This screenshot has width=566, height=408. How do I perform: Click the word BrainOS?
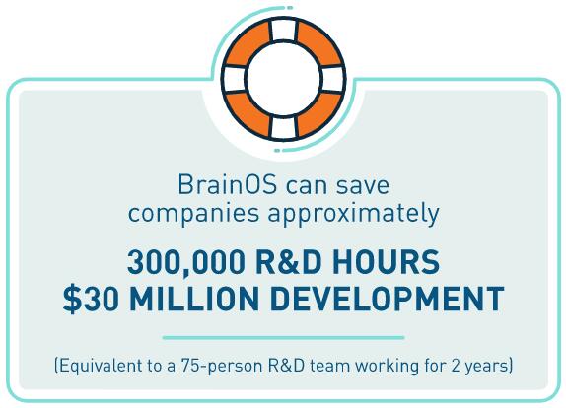(x=228, y=184)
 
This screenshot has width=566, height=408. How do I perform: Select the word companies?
(x=193, y=214)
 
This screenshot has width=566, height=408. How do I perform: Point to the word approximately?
(x=353, y=214)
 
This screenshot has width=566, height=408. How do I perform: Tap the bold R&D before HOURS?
(x=288, y=262)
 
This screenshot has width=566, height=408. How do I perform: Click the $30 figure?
(x=91, y=299)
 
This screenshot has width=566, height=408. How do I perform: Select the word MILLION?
(x=194, y=299)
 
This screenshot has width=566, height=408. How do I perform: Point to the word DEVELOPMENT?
(x=387, y=299)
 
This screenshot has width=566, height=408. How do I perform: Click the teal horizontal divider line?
(x=283, y=338)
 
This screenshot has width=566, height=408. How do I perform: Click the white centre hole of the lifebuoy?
(x=283, y=79)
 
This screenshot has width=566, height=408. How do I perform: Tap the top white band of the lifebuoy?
(x=284, y=31)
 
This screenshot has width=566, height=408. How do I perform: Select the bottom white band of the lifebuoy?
(x=284, y=127)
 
